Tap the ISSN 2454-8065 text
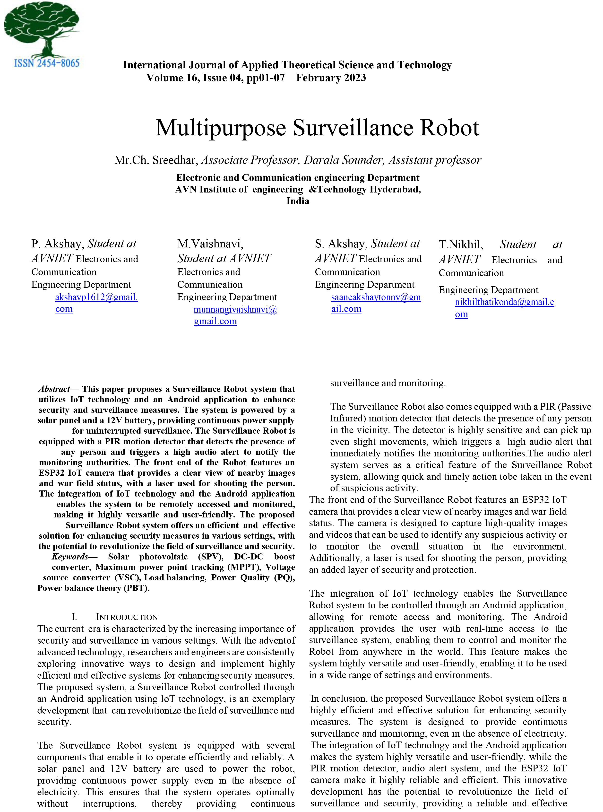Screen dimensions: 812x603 pyautogui.click(x=47, y=63)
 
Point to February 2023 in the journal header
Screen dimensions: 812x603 pyautogui.click(x=331, y=78)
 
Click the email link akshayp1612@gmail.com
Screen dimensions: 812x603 pyautogui.click(x=96, y=297)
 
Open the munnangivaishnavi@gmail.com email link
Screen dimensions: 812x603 pyautogui.click(x=235, y=310)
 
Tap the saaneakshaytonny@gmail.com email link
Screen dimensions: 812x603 pyautogui.click(x=376, y=297)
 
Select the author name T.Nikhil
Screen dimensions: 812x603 pyautogui.click(x=461, y=244)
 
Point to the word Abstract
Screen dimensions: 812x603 pyautogui.click(x=54, y=389)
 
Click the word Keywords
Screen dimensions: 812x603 pyautogui.click(x=70, y=557)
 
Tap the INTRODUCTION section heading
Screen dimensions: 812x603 pyautogui.click(x=127, y=617)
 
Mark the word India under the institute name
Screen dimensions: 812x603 pyautogui.click(x=297, y=201)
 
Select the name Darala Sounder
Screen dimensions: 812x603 pyautogui.click(x=344, y=160)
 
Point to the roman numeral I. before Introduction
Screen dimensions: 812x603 pyautogui.click(x=74, y=617)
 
